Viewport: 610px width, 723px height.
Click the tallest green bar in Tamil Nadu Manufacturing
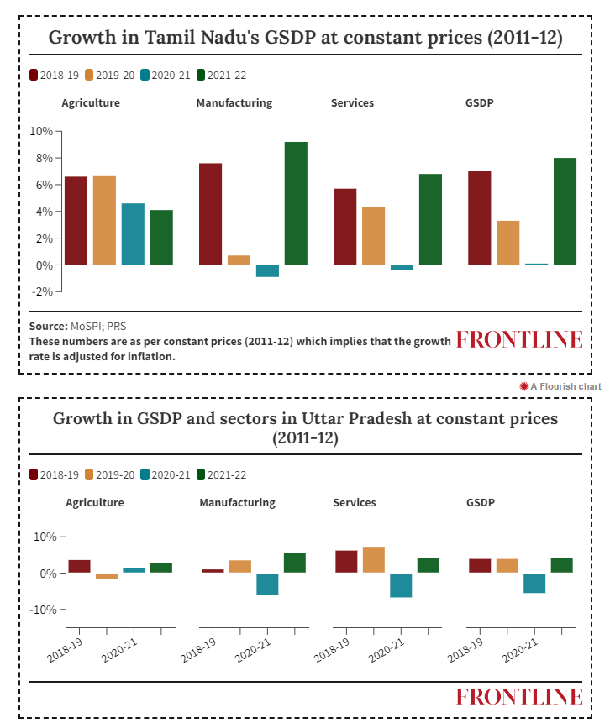pos(296,203)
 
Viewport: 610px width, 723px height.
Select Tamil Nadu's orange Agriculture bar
pos(104,220)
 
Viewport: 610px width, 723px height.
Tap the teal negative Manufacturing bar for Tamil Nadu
pos(268,270)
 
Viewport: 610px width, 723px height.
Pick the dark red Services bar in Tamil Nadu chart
pos(345,227)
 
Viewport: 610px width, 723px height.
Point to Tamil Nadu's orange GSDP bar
pos(508,243)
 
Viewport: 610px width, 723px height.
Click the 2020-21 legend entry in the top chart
pos(166,76)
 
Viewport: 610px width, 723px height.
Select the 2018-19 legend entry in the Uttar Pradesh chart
pos(54,475)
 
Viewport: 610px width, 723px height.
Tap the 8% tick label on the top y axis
pos(41,158)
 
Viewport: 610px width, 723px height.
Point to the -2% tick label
pos(42,291)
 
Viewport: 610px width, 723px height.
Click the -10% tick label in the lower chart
pos(43,610)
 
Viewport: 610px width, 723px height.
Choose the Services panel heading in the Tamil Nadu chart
pos(353,102)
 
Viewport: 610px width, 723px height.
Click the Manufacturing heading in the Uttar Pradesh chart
pos(237,503)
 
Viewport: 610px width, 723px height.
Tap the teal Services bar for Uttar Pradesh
pos(401,585)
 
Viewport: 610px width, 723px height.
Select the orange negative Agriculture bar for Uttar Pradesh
pos(107,576)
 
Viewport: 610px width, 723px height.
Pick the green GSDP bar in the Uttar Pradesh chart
pos(561,565)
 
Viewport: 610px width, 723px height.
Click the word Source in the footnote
pos(49,327)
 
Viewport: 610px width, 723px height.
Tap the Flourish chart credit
pos(560,386)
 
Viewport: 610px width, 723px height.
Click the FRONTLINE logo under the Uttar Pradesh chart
pos(519,696)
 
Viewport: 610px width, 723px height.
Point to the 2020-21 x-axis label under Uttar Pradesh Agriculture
pos(119,650)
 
